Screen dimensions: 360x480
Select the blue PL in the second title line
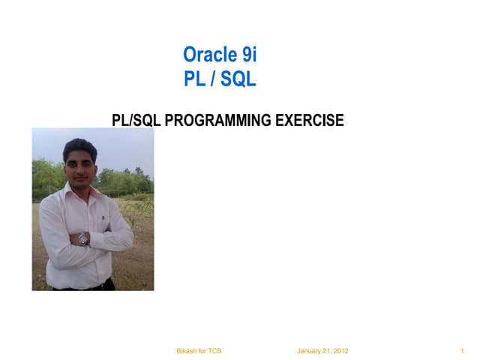point(194,79)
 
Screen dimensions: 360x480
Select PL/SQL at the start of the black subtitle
point(136,120)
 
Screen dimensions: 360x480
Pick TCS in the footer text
point(214,351)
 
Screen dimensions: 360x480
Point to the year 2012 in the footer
point(339,351)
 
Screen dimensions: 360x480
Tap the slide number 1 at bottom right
point(463,351)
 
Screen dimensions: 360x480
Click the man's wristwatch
point(83,238)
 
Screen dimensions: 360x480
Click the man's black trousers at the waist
point(90,286)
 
